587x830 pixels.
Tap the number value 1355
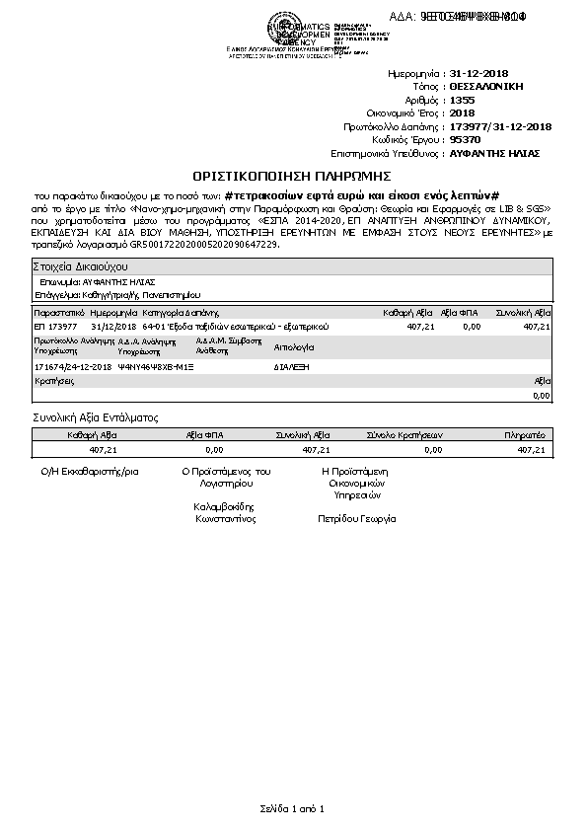pos(462,101)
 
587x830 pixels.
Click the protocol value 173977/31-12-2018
pos(500,127)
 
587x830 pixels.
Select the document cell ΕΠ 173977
pos(56,326)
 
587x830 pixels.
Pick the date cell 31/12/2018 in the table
pos(111,326)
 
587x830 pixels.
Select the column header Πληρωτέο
pos(525,433)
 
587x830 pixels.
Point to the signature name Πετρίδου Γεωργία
pos(356,517)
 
